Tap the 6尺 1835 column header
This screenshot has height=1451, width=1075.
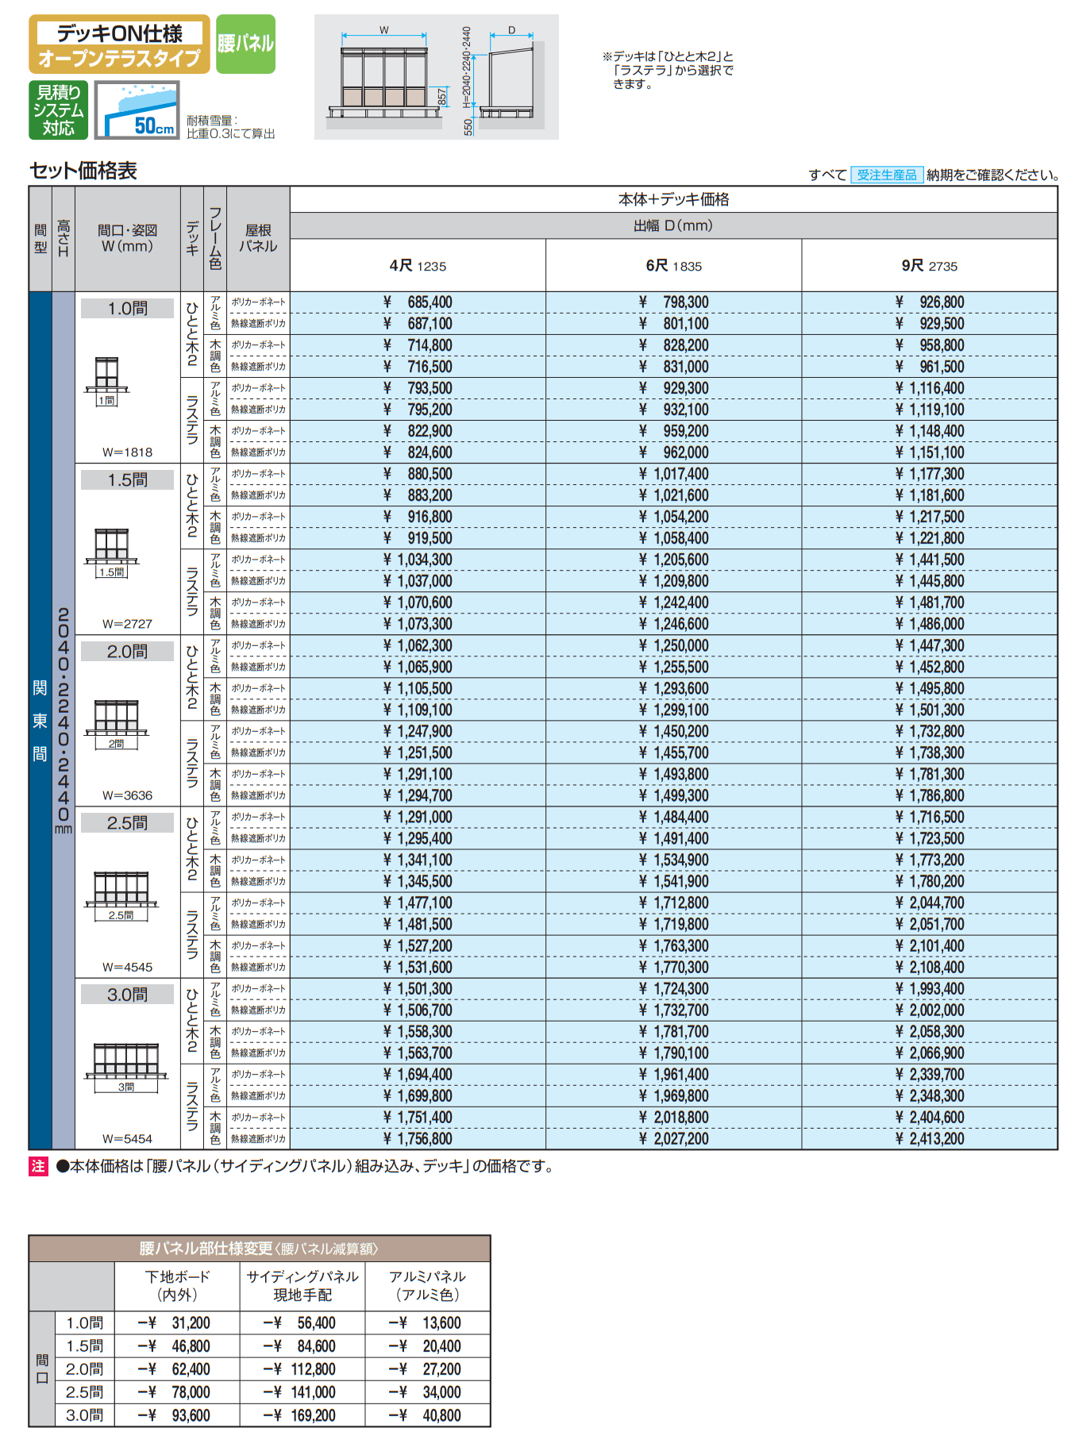[673, 266]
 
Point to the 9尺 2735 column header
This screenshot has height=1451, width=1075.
[929, 266]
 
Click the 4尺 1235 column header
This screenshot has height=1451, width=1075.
[418, 266]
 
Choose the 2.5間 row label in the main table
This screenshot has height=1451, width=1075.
[127, 823]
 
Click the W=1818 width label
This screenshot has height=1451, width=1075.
[127, 452]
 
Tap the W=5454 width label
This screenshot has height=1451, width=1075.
[127, 1139]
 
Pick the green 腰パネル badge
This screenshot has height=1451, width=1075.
[245, 44]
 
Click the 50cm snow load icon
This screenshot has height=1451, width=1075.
[137, 110]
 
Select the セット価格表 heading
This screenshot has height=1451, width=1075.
[83, 171]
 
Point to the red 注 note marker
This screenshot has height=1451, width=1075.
[38, 1166]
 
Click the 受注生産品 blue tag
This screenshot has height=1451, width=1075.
[886, 175]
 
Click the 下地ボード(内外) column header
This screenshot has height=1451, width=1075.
[177, 1285]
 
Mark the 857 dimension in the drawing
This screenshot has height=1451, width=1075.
[442, 97]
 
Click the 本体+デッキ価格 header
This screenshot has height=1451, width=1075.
[673, 199]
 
